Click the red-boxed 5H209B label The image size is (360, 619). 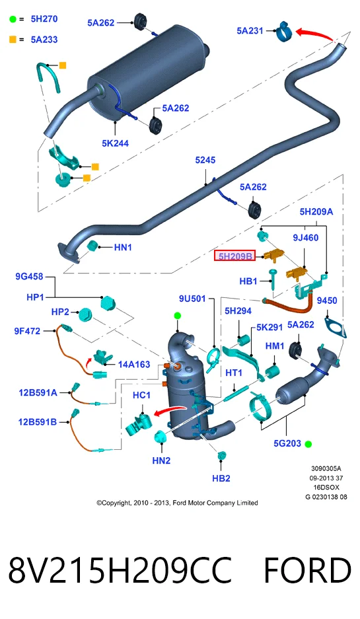[235, 256]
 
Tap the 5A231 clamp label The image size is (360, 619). [250, 30]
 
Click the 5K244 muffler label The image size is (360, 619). [115, 143]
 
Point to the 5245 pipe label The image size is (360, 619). [205, 160]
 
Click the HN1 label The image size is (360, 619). [123, 248]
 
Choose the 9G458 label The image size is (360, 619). [29, 276]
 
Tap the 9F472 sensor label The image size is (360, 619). [27, 331]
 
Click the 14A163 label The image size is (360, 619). [134, 365]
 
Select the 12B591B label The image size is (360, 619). [38, 422]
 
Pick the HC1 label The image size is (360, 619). [142, 395]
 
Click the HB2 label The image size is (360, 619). [221, 478]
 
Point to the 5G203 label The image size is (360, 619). [287, 444]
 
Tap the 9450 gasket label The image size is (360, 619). [327, 301]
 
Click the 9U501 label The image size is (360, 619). [193, 299]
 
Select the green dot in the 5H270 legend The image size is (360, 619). [13, 19]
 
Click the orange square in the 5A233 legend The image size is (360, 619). [13, 40]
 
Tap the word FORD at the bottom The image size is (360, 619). [307, 570]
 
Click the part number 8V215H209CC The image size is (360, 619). [120, 570]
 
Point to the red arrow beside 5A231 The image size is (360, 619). [314, 33]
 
